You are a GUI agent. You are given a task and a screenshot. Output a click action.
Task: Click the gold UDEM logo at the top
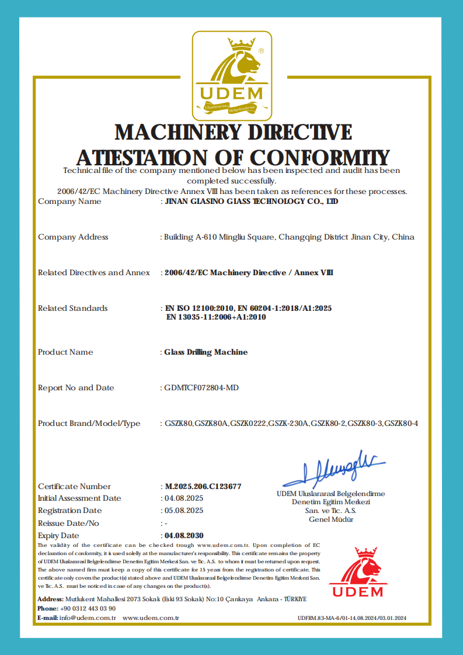[x=232, y=74]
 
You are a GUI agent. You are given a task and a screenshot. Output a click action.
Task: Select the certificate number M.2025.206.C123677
[x=203, y=486]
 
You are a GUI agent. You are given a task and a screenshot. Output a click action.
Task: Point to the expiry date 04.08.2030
[x=184, y=535]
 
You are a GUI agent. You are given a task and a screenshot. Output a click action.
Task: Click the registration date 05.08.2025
[x=183, y=511]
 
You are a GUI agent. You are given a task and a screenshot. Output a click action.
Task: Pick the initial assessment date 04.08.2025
[x=183, y=498]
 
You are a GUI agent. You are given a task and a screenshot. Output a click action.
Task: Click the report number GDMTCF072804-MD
[x=201, y=388]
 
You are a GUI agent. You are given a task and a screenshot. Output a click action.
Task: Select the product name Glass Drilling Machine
[x=206, y=352]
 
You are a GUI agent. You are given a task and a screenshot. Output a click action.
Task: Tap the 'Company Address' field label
[x=73, y=237]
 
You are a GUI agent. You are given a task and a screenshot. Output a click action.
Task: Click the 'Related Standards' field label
[x=72, y=309]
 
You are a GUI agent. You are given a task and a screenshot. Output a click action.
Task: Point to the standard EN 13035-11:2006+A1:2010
[x=216, y=317]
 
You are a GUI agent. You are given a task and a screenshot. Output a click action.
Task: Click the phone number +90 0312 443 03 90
[x=88, y=608]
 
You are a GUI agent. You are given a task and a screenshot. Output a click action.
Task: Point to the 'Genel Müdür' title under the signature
[x=331, y=519]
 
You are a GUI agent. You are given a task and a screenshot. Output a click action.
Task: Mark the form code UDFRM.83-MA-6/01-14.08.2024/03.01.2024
[x=351, y=618]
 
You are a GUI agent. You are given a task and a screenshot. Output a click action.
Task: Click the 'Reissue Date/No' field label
[x=68, y=523]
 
